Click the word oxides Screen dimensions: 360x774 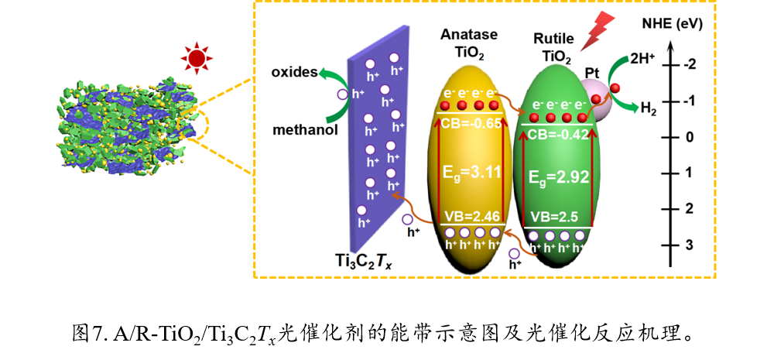[x=294, y=73]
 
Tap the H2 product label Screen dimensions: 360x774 [x=648, y=108]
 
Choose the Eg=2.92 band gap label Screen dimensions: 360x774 [x=559, y=177]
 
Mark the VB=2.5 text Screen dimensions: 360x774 [x=556, y=217]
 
